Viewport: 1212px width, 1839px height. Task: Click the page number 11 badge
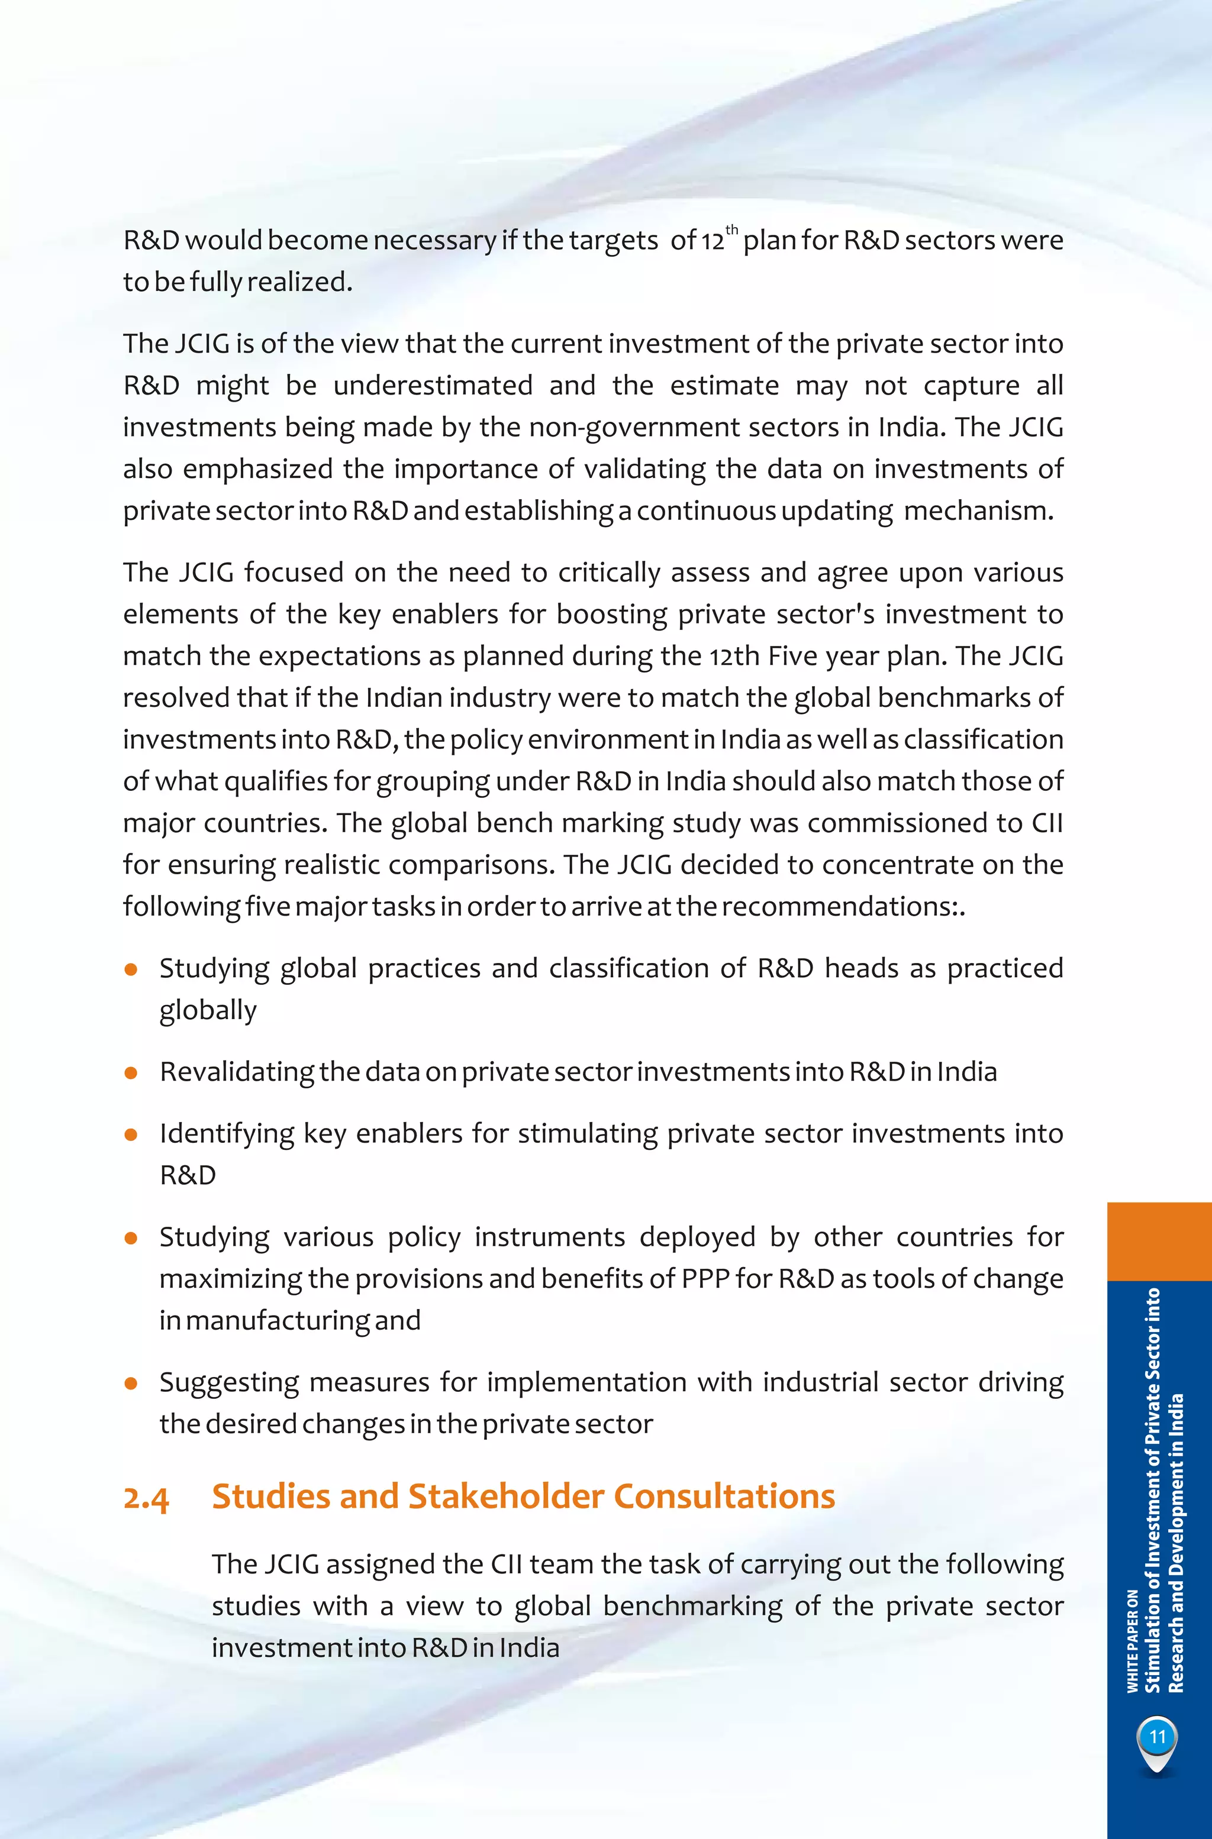[1157, 1738]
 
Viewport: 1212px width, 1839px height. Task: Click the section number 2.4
[146, 1498]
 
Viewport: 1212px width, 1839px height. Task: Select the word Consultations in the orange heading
[724, 1496]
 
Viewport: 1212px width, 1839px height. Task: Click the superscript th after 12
[732, 230]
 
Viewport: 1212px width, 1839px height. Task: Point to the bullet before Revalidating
[131, 1073]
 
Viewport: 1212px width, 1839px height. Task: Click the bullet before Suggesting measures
[131, 1383]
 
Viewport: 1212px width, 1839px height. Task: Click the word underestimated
[433, 386]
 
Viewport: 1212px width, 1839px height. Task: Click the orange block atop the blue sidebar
[1159, 1241]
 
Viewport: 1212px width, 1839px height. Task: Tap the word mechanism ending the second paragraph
[978, 510]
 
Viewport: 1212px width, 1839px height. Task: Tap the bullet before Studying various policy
[131, 1238]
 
